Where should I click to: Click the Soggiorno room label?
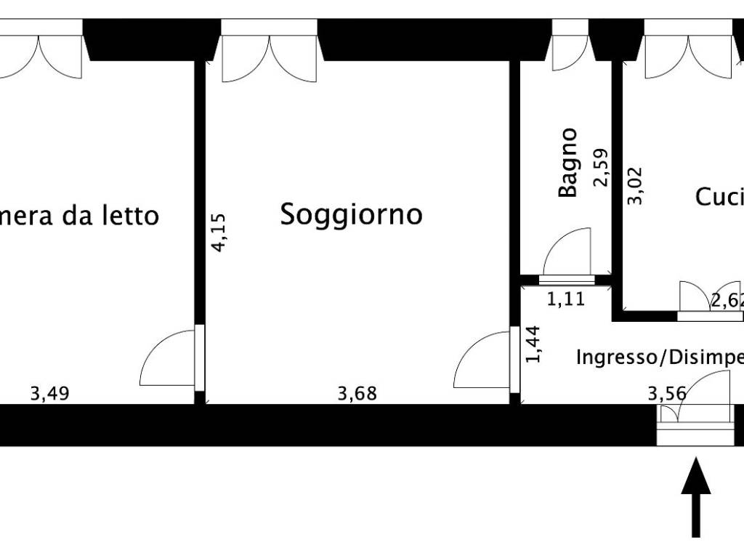(352, 214)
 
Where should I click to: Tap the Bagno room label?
(568, 163)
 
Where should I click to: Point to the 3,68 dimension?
(357, 394)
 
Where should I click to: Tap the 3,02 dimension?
(635, 187)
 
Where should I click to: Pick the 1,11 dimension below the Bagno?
(565, 299)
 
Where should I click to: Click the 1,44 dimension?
(534, 344)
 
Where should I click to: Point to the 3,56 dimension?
(667, 394)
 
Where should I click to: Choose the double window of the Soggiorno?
(270, 51)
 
